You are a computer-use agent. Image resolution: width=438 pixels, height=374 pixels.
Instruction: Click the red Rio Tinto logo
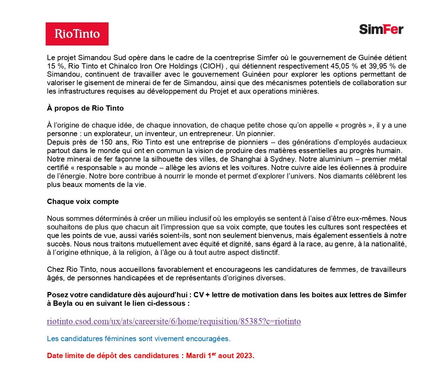point(77,34)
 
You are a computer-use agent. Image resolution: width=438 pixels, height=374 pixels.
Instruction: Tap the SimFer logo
point(381,29)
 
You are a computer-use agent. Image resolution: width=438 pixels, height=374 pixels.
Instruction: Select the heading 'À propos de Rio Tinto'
point(85,108)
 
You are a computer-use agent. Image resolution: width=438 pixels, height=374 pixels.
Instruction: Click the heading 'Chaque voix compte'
point(83,201)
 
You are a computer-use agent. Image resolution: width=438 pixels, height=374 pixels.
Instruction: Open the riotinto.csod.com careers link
point(174,321)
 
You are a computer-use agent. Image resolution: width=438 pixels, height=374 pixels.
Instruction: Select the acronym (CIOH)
point(212,66)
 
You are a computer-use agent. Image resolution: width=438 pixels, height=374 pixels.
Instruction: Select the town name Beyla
point(62,303)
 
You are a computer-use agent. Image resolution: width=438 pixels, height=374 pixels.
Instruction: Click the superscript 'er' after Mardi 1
point(214,353)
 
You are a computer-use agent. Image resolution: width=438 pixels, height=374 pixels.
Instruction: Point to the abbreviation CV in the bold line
point(198,295)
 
